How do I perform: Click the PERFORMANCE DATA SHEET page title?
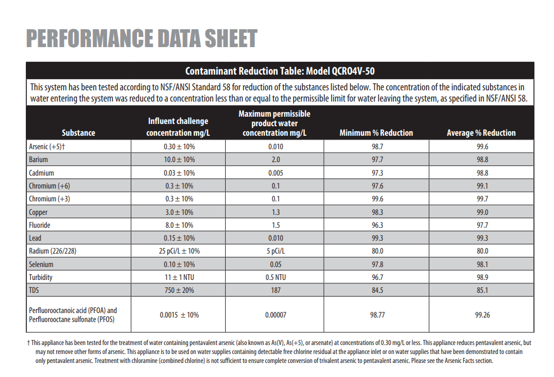tap(141, 39)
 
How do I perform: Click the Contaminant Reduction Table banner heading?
tap(280, 71)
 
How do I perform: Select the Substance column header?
tap(78, 133)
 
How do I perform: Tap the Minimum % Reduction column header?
tap(376, 133)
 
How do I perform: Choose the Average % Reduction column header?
tap(481, 133)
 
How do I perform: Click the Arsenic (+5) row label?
tap(47, 146)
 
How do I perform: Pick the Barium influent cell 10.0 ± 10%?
tap(179, 160)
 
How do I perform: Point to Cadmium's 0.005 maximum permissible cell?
tap(275, 173)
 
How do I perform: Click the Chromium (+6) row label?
tap(49, 186)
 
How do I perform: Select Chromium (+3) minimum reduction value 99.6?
tap(377, 199)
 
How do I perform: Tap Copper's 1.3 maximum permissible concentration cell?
tap(275, 212)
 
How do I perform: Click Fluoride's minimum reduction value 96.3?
tap(377, 225)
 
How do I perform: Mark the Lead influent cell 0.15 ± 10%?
tap(179, 238)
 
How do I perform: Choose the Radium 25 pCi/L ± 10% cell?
tap(179, 251)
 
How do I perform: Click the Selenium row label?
tap(42, 264)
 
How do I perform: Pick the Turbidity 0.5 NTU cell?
tap(275, 277)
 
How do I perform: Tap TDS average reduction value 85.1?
tap(482, 290)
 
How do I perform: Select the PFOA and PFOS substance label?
tap(73, 315)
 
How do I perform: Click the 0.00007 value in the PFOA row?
tap(275, 315)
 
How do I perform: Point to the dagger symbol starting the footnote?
tap(28, 342)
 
